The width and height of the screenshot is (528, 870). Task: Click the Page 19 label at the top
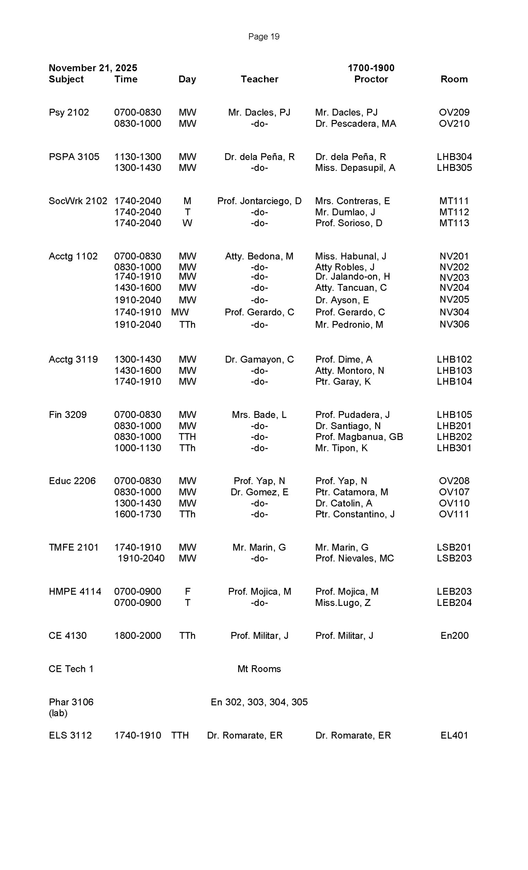[264, 36]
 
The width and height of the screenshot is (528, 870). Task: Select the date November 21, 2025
[93, 68]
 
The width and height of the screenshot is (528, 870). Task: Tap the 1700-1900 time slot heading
[371, 68]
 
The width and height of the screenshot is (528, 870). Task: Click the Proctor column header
[371, 79]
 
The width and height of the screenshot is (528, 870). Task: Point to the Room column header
[454, 79]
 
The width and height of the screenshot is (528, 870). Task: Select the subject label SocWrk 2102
[78, 201]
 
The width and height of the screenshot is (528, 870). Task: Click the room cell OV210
[454, 124]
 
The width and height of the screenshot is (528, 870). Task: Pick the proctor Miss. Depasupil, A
[355, 168]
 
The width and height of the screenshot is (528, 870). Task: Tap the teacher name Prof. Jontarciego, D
[259, 201]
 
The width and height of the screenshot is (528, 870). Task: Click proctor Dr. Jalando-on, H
[352, 277]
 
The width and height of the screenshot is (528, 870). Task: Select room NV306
[454, 324]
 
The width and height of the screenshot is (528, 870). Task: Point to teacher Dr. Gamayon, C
[259, 360]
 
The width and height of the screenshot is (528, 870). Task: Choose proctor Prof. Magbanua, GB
[359, 437]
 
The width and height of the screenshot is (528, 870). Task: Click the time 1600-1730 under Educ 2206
[137, 514]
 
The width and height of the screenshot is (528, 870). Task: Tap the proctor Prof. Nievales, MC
[354, 558]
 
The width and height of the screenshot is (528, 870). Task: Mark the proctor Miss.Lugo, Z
[343, 603]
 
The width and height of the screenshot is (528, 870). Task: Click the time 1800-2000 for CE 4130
[137, 636]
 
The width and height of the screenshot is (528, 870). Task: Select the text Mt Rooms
[259, 669]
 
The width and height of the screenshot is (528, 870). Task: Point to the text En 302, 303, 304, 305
[259, 702]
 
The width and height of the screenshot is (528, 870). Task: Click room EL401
[454, 735]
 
